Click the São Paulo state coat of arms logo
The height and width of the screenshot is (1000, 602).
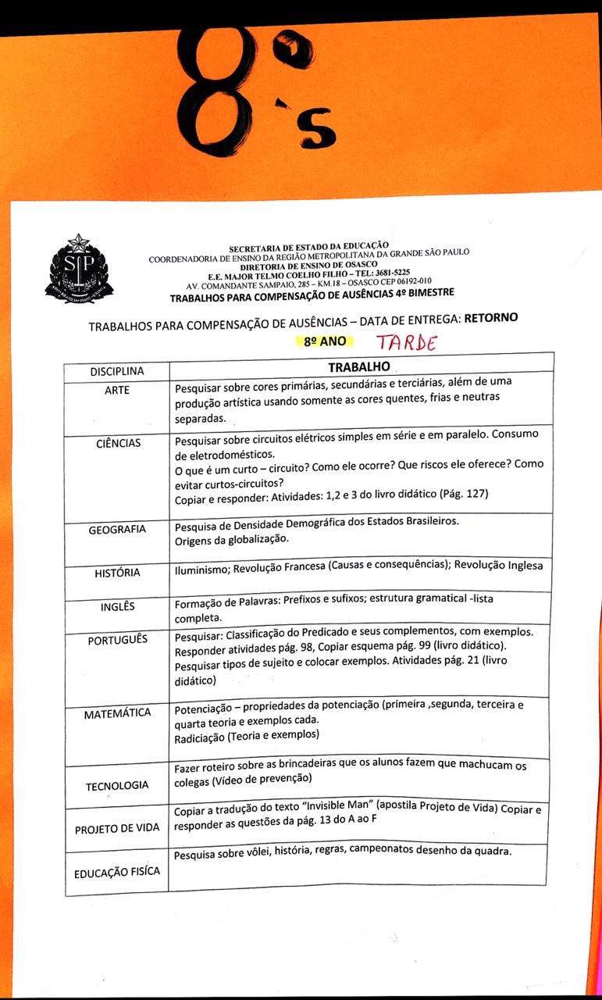tap(79, 270)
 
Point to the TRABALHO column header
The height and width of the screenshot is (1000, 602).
tap(358, 366)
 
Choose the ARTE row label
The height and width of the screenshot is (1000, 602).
tap(116, 390)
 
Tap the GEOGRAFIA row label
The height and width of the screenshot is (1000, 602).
tap(116, 529)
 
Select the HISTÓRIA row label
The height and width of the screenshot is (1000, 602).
tap(117, 573)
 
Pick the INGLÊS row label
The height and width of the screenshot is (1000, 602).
tap(117, 607)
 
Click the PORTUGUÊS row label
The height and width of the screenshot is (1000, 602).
tap(117, 639)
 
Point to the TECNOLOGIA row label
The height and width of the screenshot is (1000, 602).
tap(117, 784)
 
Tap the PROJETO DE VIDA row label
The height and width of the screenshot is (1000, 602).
tap(117, 828)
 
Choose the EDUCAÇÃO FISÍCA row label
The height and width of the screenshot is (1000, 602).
tap(117, 873)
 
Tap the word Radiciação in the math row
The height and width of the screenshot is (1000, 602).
tap(201, 735)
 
